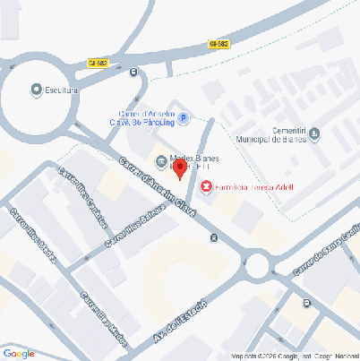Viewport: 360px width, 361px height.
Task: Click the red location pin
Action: (x=179, y=168)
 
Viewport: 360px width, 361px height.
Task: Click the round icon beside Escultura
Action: (x=36, y=90)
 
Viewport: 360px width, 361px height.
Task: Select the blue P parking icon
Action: (x=184, y=117)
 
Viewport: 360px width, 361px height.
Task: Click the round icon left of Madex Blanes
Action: (x=160, y=161)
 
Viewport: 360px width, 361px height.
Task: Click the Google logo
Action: (x=18, y=353)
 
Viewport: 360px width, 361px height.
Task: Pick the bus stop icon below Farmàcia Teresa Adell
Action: (x=213, y=237)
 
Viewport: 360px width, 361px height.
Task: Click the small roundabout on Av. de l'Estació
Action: (x=259, y=266)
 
